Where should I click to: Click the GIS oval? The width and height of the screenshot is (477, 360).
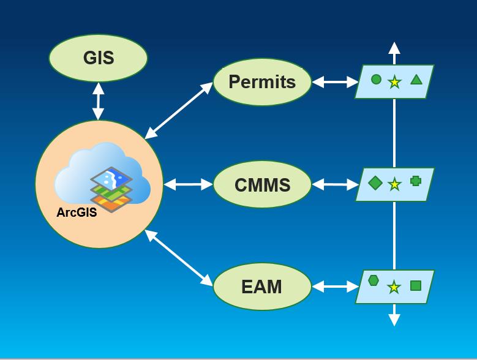point(98,58)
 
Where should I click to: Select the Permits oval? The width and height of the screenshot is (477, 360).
point(262,82)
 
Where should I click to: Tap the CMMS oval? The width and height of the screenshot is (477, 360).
point(262,184)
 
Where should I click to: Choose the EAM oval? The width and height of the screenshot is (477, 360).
point(262,287)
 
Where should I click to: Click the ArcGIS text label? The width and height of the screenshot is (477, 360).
point(77,212)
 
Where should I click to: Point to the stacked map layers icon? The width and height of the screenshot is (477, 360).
point(111,189)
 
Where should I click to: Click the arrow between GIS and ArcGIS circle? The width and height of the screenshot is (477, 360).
point(98,101)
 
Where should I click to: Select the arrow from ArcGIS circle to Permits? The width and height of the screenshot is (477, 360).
point(179,110)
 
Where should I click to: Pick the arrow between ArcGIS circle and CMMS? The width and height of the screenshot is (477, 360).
point(188,184)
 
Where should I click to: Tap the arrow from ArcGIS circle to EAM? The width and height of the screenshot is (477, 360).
point(179,258)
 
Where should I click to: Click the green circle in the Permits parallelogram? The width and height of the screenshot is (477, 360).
point(376,79)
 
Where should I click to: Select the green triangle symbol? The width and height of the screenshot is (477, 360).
point(416,79)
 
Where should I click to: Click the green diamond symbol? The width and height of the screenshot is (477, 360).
point(375,182)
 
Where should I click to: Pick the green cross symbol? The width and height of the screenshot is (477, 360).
point(416,181)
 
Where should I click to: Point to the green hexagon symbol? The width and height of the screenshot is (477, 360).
point(374,280)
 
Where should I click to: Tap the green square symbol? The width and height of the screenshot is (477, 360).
point(416,285)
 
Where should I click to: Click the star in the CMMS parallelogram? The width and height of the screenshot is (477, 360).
point(395,184)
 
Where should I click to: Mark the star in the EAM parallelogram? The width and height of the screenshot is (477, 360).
point(394,287)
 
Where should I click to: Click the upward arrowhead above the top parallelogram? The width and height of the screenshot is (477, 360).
point(394,48)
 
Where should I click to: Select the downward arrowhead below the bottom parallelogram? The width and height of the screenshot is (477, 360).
point(394,320)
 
